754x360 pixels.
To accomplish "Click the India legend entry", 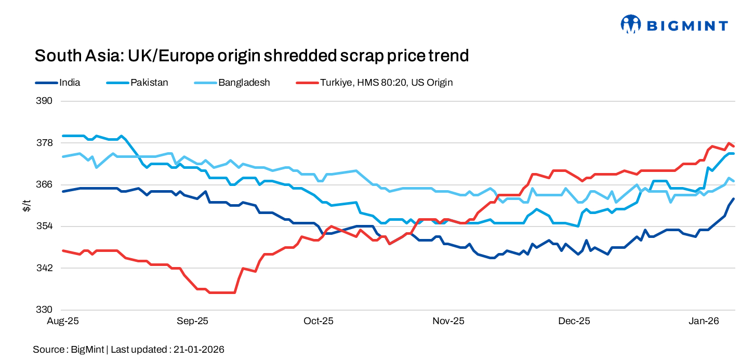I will [70, 83].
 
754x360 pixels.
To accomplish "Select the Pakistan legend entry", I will [149, 83].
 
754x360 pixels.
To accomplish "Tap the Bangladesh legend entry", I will [244, 83].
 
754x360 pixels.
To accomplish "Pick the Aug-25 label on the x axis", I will [63, 322].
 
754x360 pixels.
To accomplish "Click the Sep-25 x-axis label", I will [192, 322].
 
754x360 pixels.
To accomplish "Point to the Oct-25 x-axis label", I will [318, 322].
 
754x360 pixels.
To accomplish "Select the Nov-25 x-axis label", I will [448, 322].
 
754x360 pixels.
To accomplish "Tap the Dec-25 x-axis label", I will [574, 322].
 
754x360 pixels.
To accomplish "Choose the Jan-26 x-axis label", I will [704, 322].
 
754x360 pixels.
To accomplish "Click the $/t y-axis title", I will [27, 206].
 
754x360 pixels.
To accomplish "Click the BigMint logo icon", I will [631, 24].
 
